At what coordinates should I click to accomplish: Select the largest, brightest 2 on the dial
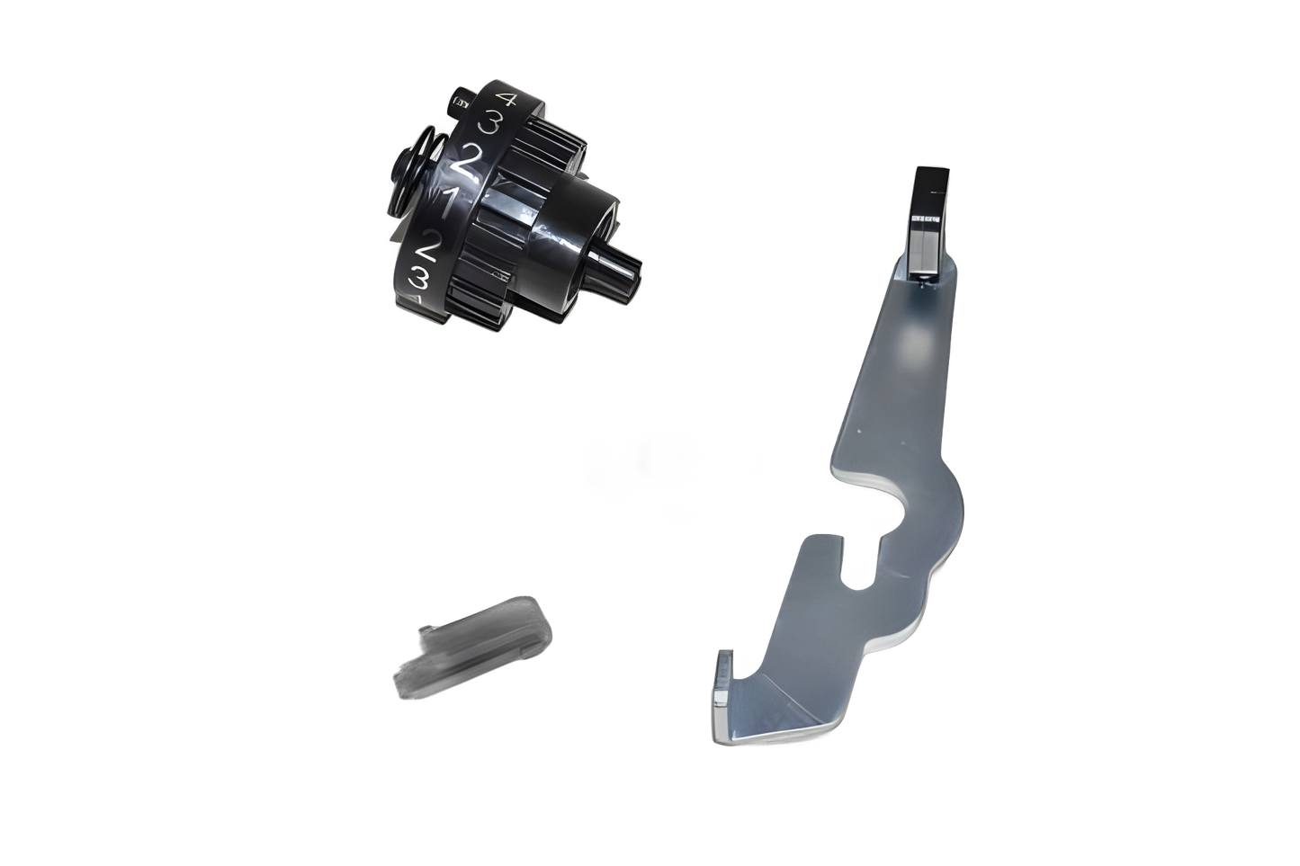coord(467,162)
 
